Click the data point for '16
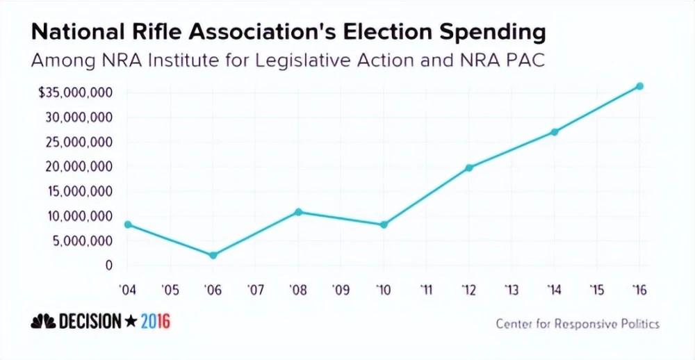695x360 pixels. click(639, 86)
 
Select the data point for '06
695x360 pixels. click(213, 255)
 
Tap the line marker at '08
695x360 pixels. click(299, 212)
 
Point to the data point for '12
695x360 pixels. click(469, 167)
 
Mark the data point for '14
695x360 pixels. click(555, 132)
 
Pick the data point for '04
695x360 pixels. click(128, 224)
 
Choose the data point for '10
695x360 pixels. click(384, 224)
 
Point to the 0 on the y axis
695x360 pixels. click(108, 265)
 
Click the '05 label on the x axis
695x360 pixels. click(170, 290)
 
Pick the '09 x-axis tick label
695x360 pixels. click(341, 290)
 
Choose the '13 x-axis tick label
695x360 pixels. click(512, 290)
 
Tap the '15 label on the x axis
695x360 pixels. click(596, 290)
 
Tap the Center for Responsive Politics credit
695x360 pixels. click(578, 324)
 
